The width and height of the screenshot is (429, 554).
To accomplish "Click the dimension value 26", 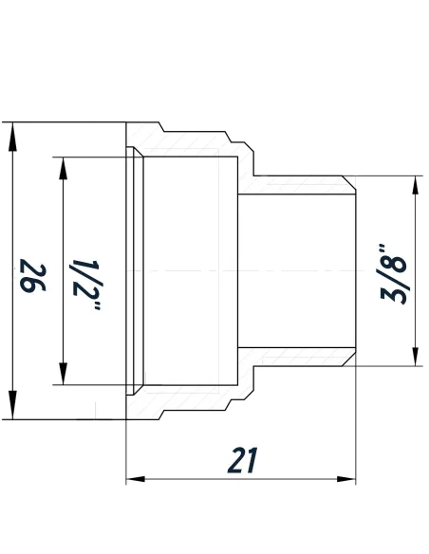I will [34, 279].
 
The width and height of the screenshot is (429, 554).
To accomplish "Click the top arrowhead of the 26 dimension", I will [12, 133].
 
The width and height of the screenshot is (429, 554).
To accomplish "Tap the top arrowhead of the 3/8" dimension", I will [415, 186].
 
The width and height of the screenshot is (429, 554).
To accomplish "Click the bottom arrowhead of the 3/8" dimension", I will [415, 357].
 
